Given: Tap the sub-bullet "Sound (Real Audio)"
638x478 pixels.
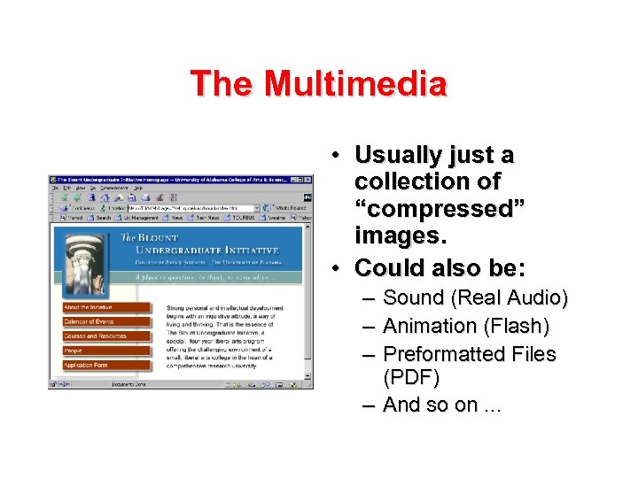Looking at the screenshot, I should pos(475,297).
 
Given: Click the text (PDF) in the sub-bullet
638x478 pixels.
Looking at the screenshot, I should pos(410,377).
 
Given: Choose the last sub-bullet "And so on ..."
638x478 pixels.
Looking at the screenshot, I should pos(442,405).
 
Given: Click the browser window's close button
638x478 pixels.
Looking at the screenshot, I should pos(308,180).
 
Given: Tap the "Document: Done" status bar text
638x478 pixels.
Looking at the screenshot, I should pos(128,385).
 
